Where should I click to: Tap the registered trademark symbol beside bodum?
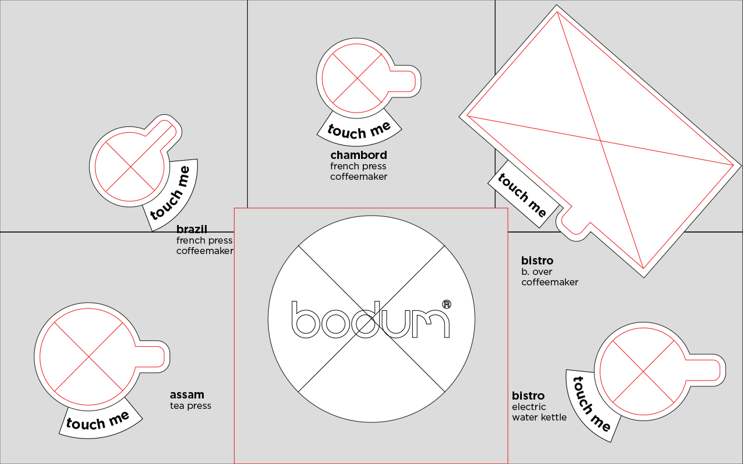[x=446, y=304]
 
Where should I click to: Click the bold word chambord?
[x=358, y=155]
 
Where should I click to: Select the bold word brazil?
[x=192, y=230]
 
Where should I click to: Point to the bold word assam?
[x=186, y=396]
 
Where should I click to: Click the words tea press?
[x=190, y=406]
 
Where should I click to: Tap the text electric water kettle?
[x=539, y=412]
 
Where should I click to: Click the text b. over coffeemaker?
[x=549, y=277]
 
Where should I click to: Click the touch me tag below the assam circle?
[x=99, y=421]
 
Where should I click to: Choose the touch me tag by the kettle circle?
[x=591, y=404]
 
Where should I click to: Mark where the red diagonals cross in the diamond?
[x=601, y=141]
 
